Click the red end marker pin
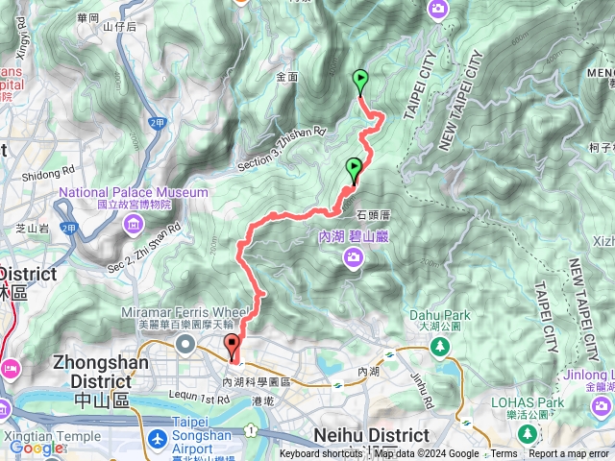pyautogui.click(x=232, y=348)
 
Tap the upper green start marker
pyautogui.click(x=360, y=81)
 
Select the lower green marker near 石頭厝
pyautogui.click(x=354, y=169)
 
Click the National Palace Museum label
pyautogui.click(x=134, y=192)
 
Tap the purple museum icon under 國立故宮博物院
pyautogui.click(x=131, y=226)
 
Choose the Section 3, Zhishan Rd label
pyautogui.click(x=281, y=149)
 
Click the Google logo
pyautogui.click(x=36, y=448)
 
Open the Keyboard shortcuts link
pyautogui.click(x=322, y=454)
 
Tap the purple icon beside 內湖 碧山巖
pyautogui.click(x=355, y=255)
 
